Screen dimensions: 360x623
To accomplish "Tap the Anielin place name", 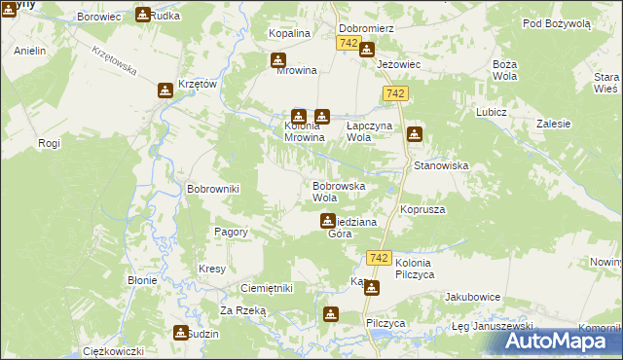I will pos(30,51).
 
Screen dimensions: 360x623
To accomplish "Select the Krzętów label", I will pos(198,85).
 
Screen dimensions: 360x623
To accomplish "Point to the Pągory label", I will pos(231,232).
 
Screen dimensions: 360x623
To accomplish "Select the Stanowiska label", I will pos(441,166).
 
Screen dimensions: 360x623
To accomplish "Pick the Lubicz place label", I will pos(493,112).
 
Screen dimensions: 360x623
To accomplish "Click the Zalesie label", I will pos(553,125).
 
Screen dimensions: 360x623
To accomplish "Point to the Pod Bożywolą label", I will pos(556,22).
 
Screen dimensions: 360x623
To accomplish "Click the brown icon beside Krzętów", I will pos(165,90).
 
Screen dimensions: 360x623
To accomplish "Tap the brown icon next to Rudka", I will pos(143,15).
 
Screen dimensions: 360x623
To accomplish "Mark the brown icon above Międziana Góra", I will pos(328,221).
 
